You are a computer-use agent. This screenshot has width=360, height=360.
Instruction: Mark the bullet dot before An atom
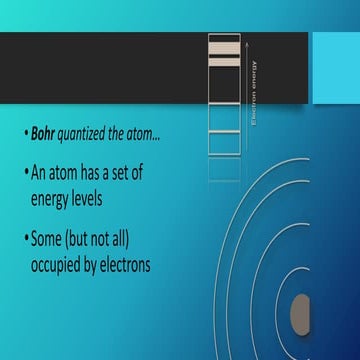click(x=23, y=171)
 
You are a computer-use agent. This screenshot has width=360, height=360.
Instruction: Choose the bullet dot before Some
click(x=23, y=240)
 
